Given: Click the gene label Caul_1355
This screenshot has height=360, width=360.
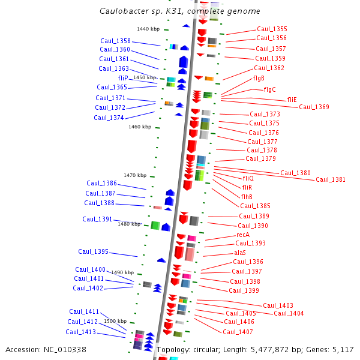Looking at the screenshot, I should coord(272,29).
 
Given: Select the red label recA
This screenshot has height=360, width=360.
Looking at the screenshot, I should coord(243,235).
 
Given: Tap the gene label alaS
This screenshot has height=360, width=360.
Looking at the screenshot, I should coord(240,253).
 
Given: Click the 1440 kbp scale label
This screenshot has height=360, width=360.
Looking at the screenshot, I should coord(148,29).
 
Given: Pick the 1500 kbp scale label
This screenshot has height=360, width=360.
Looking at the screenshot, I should coord(115,321).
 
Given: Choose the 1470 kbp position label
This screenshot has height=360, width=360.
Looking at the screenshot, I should coord(135,175).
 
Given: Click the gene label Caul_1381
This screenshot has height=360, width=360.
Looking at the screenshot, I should coord(331,179).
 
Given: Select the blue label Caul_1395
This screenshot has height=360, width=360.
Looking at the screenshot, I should coord(93,251).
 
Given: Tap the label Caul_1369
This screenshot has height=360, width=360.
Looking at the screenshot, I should coord(314,107).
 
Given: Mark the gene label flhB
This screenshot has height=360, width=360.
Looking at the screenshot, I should coord(247,197).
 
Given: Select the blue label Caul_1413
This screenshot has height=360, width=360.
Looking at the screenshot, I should coord(80,332).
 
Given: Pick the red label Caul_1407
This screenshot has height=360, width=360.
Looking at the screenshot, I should coord(238,332).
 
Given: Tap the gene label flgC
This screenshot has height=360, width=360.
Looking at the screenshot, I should coord(270,89).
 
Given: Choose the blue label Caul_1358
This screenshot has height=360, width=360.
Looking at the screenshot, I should coord(115,41).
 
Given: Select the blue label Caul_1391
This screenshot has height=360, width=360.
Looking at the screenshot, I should coord(97,219).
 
